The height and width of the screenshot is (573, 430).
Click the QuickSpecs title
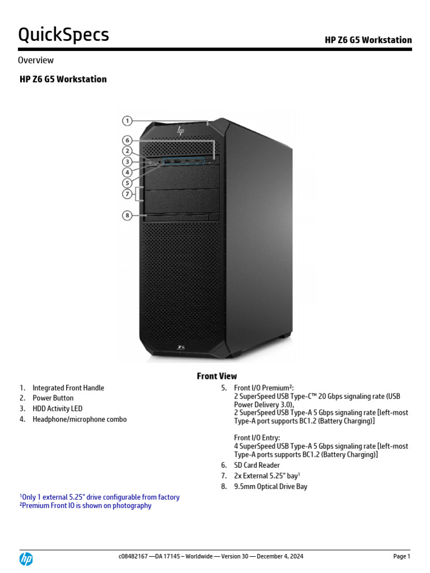click(x=63, y=35)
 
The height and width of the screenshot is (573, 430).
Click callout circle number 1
click(x=128, y=120)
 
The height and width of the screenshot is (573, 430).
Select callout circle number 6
click(x=128, y=140)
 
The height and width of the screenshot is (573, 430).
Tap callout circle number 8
click(x=128, y=215)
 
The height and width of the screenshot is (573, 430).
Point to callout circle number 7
click(x=128, y=194)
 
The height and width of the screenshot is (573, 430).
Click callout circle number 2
click(x=128, y=151)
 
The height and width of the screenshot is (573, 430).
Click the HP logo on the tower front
click(x=180, y=130)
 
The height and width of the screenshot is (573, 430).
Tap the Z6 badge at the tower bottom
click(x=181, y=347)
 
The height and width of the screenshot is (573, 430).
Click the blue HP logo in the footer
click(x=26, y=558)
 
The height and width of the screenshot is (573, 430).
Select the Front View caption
click(x=217, y=376)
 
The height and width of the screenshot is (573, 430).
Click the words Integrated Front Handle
click(x=68, y=388)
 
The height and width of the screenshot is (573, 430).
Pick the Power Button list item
click(x=53, y=398)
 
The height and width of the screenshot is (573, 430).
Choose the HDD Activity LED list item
click(x=57, y=408)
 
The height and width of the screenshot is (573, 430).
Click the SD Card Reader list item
click(x=256, y=465)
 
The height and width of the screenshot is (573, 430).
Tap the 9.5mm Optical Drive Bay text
click(x=270, y=486)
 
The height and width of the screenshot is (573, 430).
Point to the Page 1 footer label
click(x=401, y=556)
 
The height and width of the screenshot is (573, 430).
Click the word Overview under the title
click(x=36, y=60)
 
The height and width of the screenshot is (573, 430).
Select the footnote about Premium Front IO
click(x=86, y=506)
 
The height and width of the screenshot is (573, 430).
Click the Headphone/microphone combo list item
click(x=80, y=419)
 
